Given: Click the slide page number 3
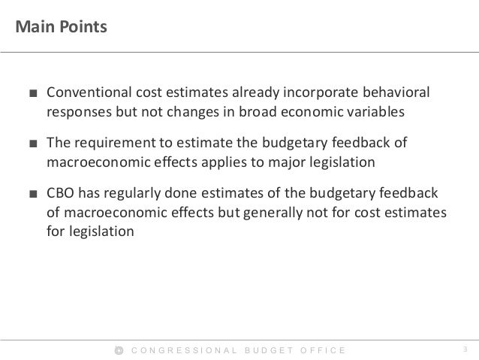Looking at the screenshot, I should (x=465, y=349).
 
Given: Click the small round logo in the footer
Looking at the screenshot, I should (x=119, y=349).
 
